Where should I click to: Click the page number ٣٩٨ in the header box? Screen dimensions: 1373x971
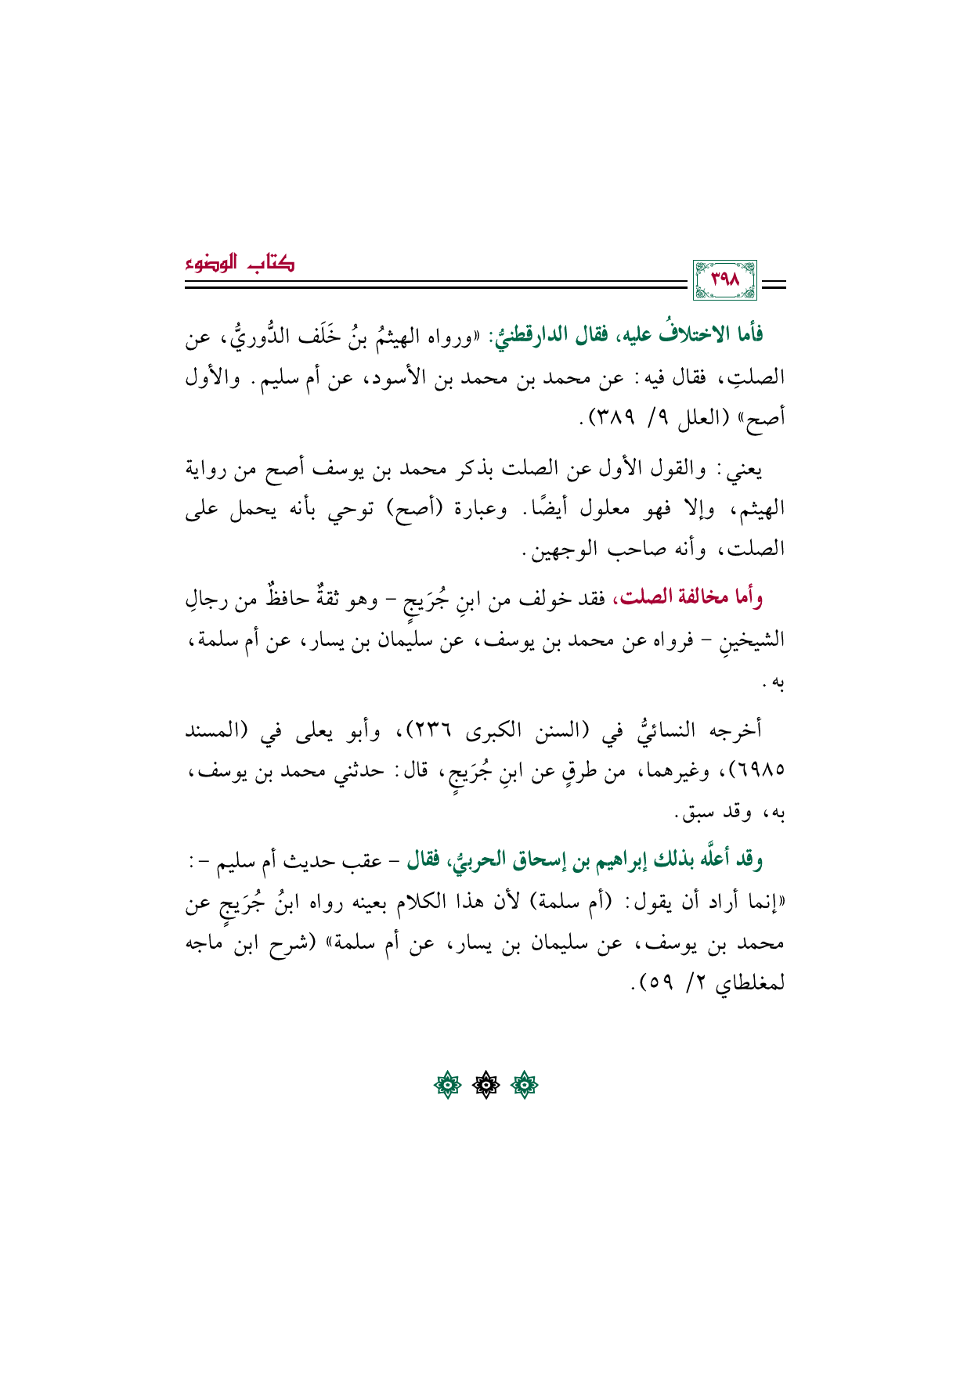(x=724, y=280)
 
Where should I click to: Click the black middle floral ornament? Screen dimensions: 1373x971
(x=485, y=1086)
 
